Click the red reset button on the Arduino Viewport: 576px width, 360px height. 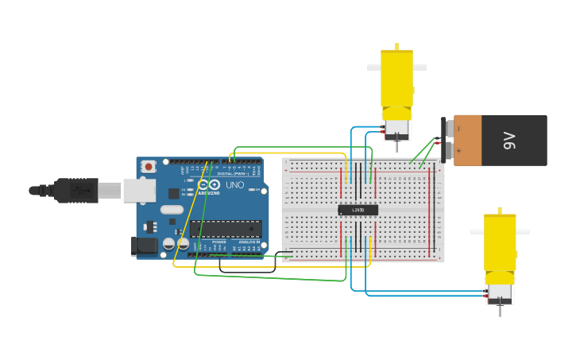point(149,166)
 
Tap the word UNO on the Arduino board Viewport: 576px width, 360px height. point(235,184)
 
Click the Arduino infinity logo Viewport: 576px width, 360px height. point(208,184)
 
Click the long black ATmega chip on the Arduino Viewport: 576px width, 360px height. point(226,229)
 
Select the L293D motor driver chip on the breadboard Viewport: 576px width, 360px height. point(358,210)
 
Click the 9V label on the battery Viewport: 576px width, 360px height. point(508,141)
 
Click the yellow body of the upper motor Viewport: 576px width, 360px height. point(396,77)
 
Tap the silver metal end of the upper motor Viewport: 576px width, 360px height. point(396,125)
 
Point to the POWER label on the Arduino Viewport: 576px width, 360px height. point(218,242)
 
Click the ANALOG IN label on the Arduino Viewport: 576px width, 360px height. point(248,242)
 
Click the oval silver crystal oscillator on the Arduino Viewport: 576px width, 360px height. point(171,210)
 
